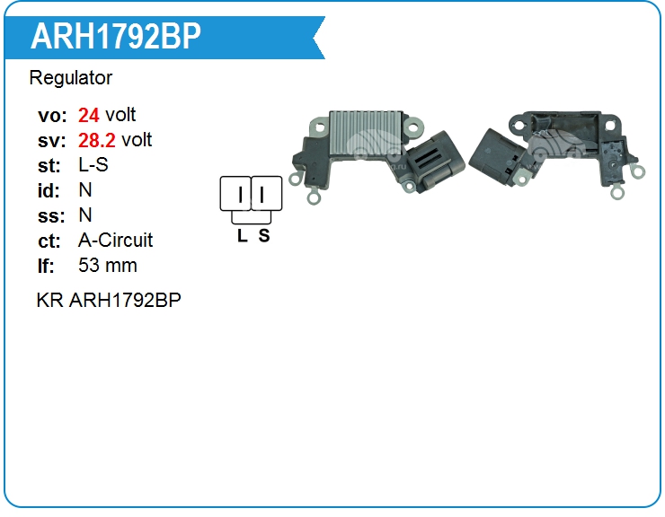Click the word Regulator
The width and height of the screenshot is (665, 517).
pyautogui.click(x=71, y=78)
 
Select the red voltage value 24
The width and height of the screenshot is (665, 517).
pyautogui.click(x=89, y=115)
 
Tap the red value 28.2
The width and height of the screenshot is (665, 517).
pyautogui.click(x=98, y=140)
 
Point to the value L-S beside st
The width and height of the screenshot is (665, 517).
pyautogui.click(x=93, y=165)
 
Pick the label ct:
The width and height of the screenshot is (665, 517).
pyautogui.click(x=50, y=241)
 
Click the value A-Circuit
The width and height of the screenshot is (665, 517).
pyautogui.click(x=116, y=241)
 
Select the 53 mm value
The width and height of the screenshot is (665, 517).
pyautogui.click(x=108, y=266)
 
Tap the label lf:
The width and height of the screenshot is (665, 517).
pyautogui.click(x=47, y=266)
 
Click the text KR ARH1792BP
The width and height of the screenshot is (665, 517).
pyautogui.click(x=109, y=300)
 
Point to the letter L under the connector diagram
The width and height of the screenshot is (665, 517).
pyautogui.click(x=242, y=236)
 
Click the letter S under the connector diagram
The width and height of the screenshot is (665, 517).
pyautogui.click(x=263, y=236)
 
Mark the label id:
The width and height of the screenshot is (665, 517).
pyautogui.click(x=49, y=190)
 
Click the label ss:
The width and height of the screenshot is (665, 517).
pyautogui.click(x=50, y=215)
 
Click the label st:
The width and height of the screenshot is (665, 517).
pyautogui.click(x=49, y=165)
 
